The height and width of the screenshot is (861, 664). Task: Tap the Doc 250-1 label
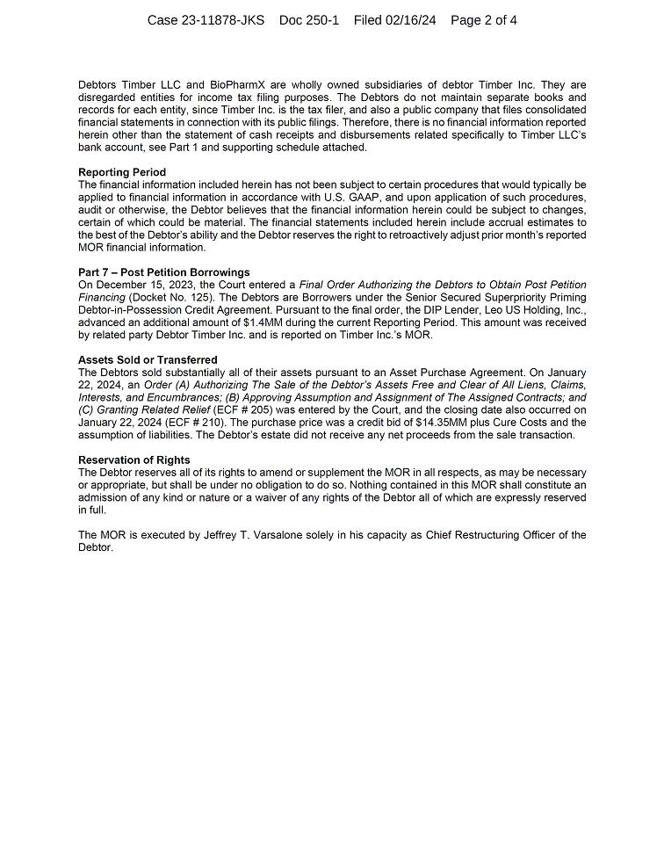[x=308, y=20]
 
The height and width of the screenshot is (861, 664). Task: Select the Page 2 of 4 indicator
[x=483, y=20]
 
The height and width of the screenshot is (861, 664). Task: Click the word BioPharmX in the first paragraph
[x=236, y=85]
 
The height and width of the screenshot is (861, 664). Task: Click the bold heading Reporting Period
[x=121, y=172]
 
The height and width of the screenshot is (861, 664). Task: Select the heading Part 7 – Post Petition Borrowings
[x=163, y=272]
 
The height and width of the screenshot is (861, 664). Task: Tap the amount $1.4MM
[x=263, y=322]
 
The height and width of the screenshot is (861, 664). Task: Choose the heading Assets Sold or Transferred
[x=148, y=360]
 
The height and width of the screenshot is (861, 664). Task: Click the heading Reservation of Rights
[x=134, y=460]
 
